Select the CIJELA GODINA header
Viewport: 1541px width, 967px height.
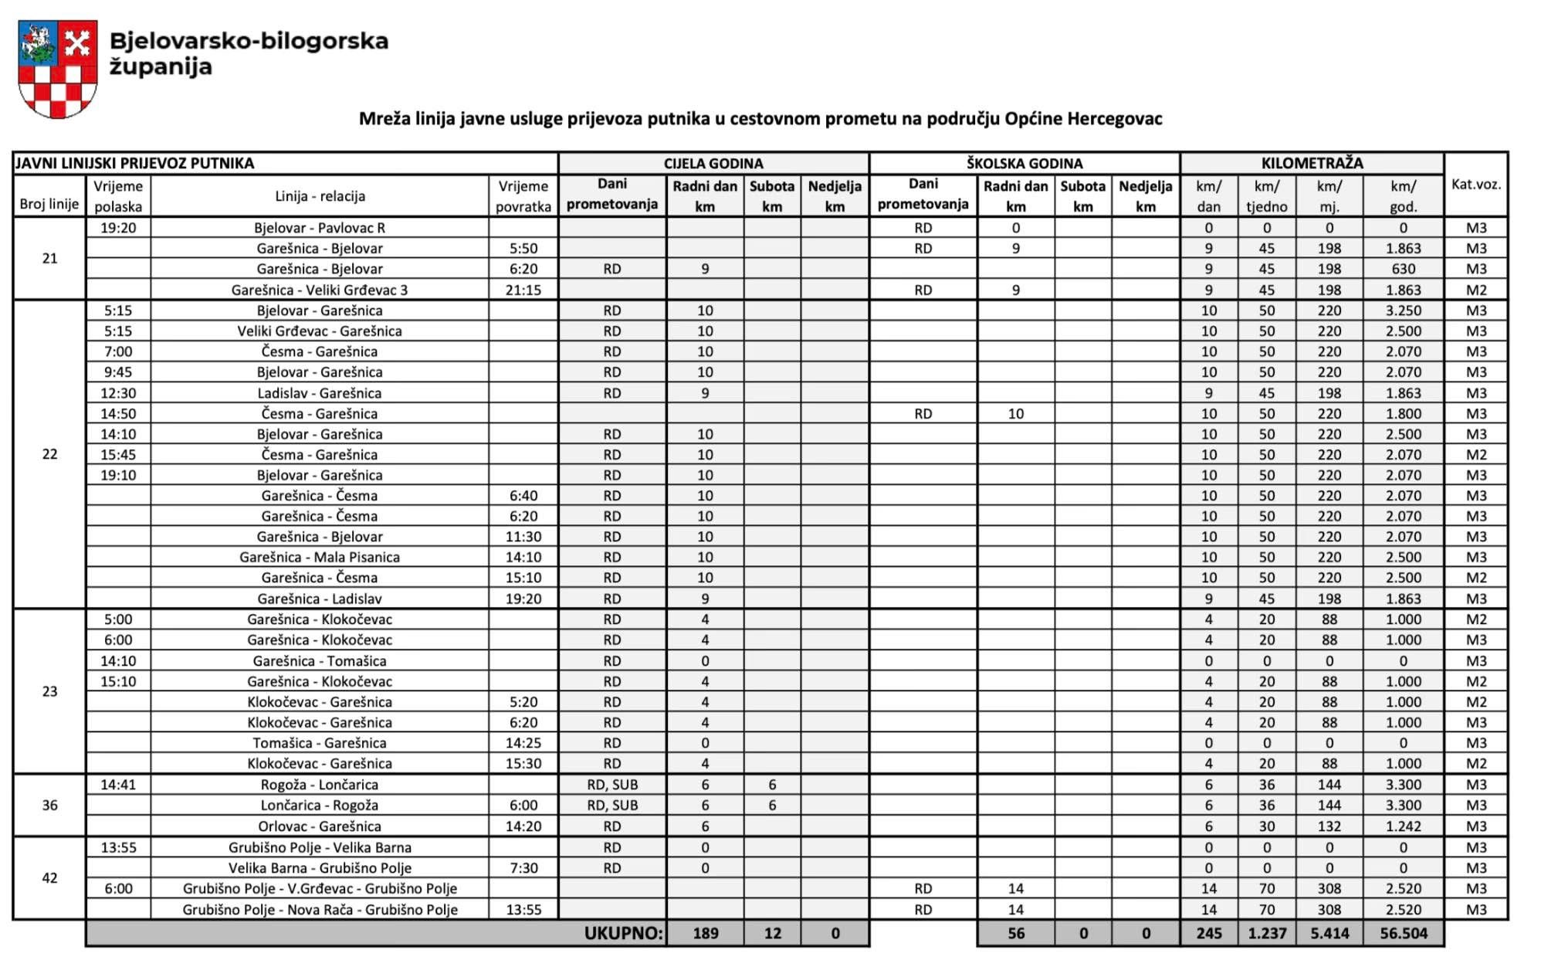[x=713, y=164]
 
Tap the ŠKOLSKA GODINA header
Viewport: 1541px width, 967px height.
[x=1024, y=164]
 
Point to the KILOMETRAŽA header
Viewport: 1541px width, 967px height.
[x=1312, y=164]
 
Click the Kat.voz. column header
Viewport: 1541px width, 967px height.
[x=1475, y=185]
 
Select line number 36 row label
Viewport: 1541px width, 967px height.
[x=49, y=806]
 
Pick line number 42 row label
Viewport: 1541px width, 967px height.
[x=49, y=878]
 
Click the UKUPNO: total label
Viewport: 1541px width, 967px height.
[x=623, y=933]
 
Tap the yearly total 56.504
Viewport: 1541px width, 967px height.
[x=1403, y=933]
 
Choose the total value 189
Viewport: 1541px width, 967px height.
[x=705, y=933]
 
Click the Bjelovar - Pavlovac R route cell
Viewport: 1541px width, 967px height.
[x=320, y=228]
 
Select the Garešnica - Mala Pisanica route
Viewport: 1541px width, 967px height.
[x=320, y=557]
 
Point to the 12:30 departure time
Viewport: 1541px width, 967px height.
[x=118, y=393]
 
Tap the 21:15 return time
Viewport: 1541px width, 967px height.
[x=523, y=290]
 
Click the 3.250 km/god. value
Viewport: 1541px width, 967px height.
[x=1403, y=310]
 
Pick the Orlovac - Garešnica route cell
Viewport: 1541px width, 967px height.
[x=320, y=826]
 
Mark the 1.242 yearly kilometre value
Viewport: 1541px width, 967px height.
[x=1403, y=826]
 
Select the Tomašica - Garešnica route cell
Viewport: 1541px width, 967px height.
[x=320, y=743]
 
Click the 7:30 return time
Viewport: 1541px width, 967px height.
[x=523, y=868]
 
